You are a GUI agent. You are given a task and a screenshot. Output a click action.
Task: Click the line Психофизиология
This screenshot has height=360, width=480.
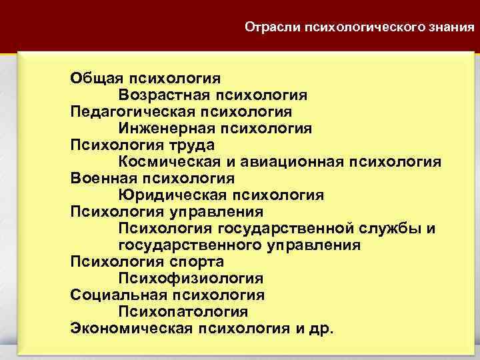click(191, 279)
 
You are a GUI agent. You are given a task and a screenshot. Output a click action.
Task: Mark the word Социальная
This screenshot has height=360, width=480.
click(117, 295)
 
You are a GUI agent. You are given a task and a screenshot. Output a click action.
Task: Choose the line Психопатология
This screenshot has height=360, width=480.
click(183, 312)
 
